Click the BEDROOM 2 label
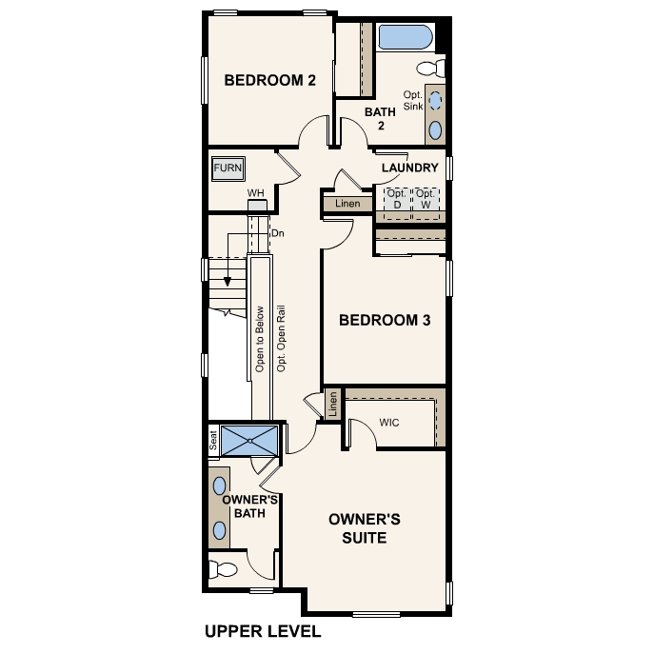(x=269, y=81)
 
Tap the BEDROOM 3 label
(x=385, y=321)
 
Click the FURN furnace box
(x=228, y=168)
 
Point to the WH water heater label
(x=255, y=193)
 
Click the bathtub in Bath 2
(x=406, y=38)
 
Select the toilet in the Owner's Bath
(x=225, y=570)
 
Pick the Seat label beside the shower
(x=213, y=440)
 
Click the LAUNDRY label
(x=409, y=168)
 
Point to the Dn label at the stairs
(x=278, y=233)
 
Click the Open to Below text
(x=259, y=338)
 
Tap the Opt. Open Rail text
(x=280, y=338)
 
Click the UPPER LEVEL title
(x=263, y=631)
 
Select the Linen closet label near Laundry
(x=348, y=204)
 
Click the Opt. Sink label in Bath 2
(x=412, y=101)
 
